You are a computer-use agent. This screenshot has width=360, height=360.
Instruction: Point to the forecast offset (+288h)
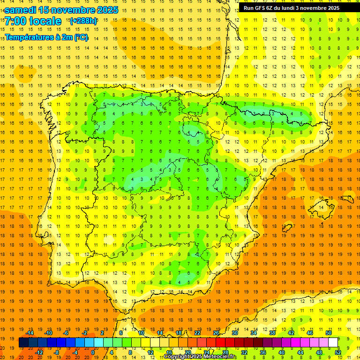(83, 21)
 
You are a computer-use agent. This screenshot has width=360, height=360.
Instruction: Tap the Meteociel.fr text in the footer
(220, 357)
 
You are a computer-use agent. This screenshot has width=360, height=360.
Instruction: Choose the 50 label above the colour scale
(329, 333)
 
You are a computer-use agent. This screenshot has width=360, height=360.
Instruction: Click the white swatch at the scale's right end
(333, 343)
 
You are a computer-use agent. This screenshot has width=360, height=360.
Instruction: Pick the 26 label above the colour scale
(216, 333)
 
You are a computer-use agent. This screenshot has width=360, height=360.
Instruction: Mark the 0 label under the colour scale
(93, 352)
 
